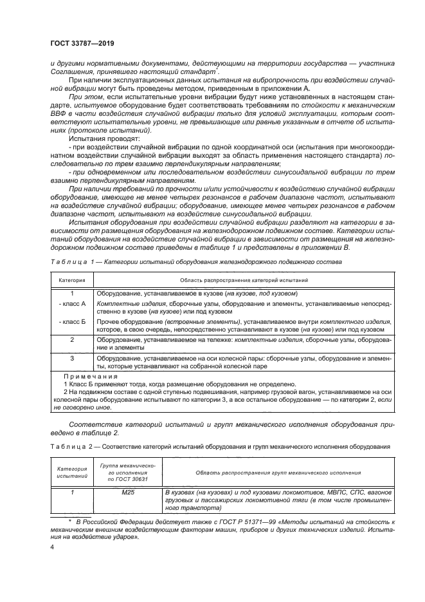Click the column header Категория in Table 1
72,281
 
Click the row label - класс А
72,302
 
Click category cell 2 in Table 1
72,339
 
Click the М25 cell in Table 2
127,492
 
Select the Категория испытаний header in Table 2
72,473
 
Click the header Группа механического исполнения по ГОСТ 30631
127,473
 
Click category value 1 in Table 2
72,492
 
